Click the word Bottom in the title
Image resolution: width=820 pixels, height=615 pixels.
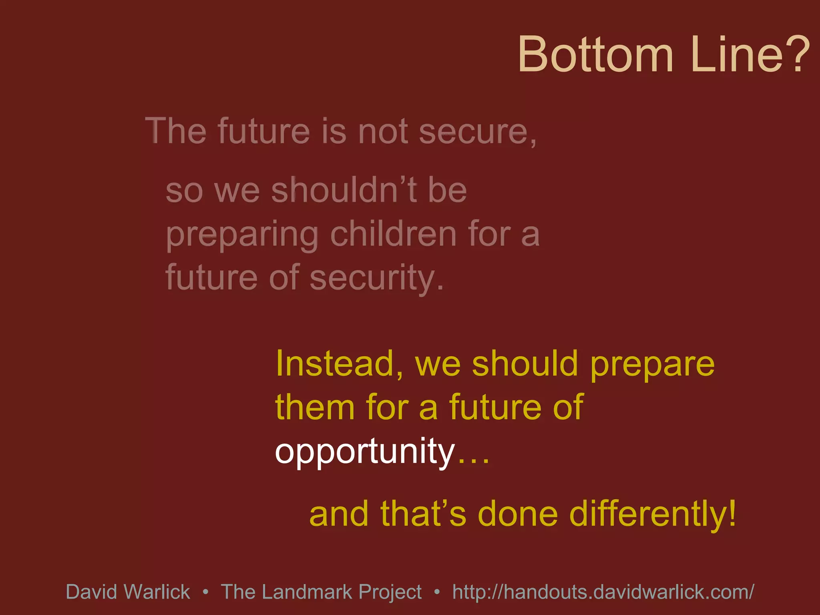tap(595, 54)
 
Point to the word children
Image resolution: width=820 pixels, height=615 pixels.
tap(393, 234)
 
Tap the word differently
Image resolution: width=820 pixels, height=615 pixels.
tap(647, 515)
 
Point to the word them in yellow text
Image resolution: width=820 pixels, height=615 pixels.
tap(315, 408)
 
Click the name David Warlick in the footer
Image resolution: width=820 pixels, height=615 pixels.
tap(128, 592)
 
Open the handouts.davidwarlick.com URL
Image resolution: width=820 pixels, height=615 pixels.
tap(603, 592)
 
